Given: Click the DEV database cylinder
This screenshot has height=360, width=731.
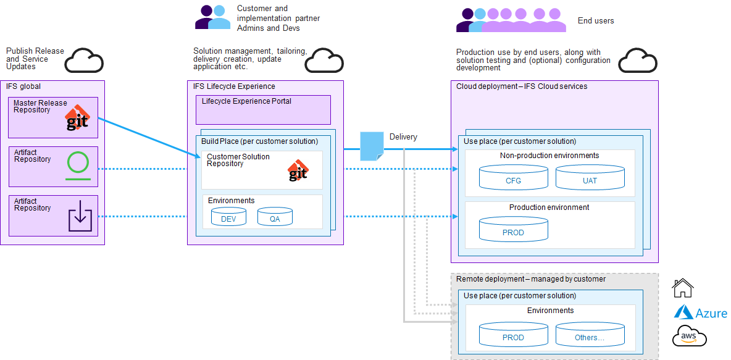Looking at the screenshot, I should pos(228,217).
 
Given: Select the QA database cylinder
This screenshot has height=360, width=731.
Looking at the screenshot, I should pos(275,217).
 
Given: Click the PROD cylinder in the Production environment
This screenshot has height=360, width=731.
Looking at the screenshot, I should pos(513,230).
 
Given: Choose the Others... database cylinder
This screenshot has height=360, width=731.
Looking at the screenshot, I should pos(589,335).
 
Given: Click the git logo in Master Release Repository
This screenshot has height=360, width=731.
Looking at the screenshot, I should pos(78,117).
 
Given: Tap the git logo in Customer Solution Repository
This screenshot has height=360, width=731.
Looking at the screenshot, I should pos(298,170).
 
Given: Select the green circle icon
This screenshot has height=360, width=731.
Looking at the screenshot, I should pos(78,164).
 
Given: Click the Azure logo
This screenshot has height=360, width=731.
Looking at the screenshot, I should pos(701,313).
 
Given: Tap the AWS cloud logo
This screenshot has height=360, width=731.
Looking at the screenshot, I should pos(689,336).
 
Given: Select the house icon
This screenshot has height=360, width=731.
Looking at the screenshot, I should pos(683,288).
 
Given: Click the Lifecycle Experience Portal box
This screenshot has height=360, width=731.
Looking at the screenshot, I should pos(263,110).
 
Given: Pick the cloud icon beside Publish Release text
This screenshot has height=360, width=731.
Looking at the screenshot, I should pos(84,60).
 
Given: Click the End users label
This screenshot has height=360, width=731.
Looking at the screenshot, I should pos(595,21).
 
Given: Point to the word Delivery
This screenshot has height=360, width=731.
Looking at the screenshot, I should pos(403,137).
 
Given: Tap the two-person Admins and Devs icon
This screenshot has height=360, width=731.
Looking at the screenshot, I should pos(212,17).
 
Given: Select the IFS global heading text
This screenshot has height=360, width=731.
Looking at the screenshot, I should pos(23,86).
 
